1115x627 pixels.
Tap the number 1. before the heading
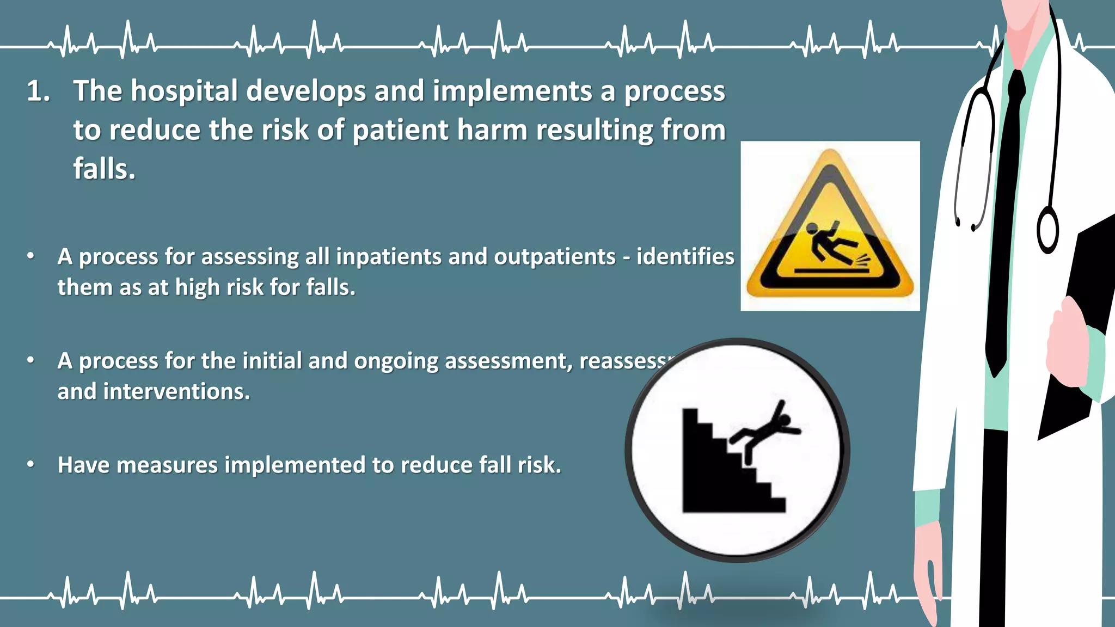click(x=38, y=91)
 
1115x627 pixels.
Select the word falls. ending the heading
click(x=104, y=169)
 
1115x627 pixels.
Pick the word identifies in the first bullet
click(x=685, y=256)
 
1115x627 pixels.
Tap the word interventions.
click(x=176, y=391)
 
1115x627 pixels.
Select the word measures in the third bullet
click(x=167, y=465)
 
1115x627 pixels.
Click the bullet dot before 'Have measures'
click(x=31, y=464)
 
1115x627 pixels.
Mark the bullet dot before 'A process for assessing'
click(x=31, y=256)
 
